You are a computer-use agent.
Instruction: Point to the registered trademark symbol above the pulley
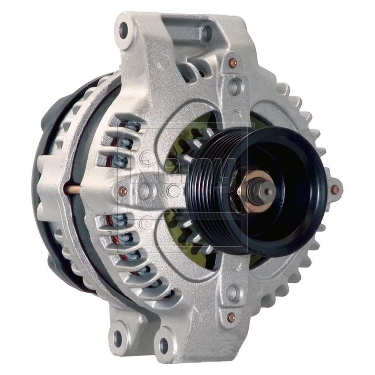pos(252,126)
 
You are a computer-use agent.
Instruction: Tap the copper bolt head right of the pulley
pos(337,190)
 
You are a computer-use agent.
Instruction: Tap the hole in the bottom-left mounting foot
pos(118,338)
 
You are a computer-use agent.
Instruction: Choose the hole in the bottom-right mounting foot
pos(165,345)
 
